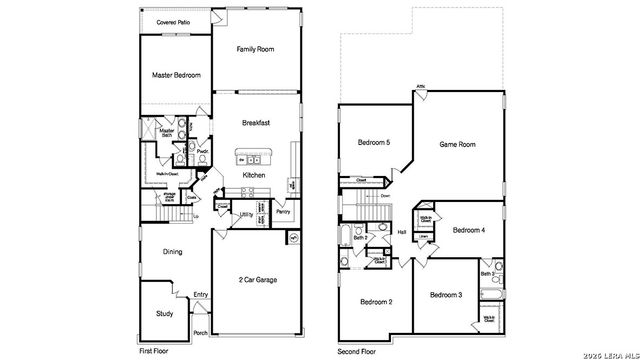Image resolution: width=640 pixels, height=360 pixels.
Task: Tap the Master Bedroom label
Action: pos(175,75)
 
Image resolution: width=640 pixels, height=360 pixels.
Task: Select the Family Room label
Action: pos(255,49)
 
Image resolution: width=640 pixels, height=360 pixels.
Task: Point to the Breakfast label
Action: pos(257,123)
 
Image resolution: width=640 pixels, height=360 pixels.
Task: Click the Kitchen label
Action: pos(254,175)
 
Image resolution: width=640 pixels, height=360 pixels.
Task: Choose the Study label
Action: pos(165,313)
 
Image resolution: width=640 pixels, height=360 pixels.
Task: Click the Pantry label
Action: pos(283,212)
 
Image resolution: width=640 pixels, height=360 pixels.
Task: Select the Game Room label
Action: pos(458,145)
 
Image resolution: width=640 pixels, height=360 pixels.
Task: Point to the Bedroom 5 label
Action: pos(374,143)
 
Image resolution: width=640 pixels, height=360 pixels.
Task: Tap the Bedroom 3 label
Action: pos(446,295)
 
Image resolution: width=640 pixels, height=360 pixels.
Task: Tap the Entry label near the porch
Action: pos(201,294)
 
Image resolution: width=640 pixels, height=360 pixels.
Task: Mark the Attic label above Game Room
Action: pos(421,86)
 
